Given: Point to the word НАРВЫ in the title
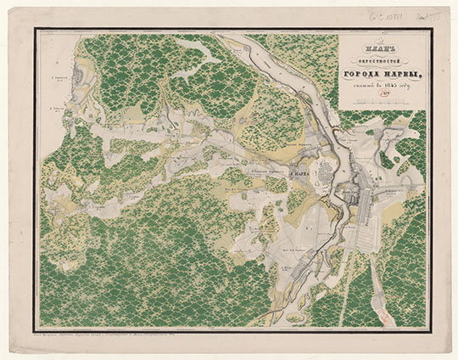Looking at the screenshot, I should point(401,76).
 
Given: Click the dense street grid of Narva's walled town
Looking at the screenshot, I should point(327,179).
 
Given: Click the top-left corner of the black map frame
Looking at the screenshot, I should point(37,30).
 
